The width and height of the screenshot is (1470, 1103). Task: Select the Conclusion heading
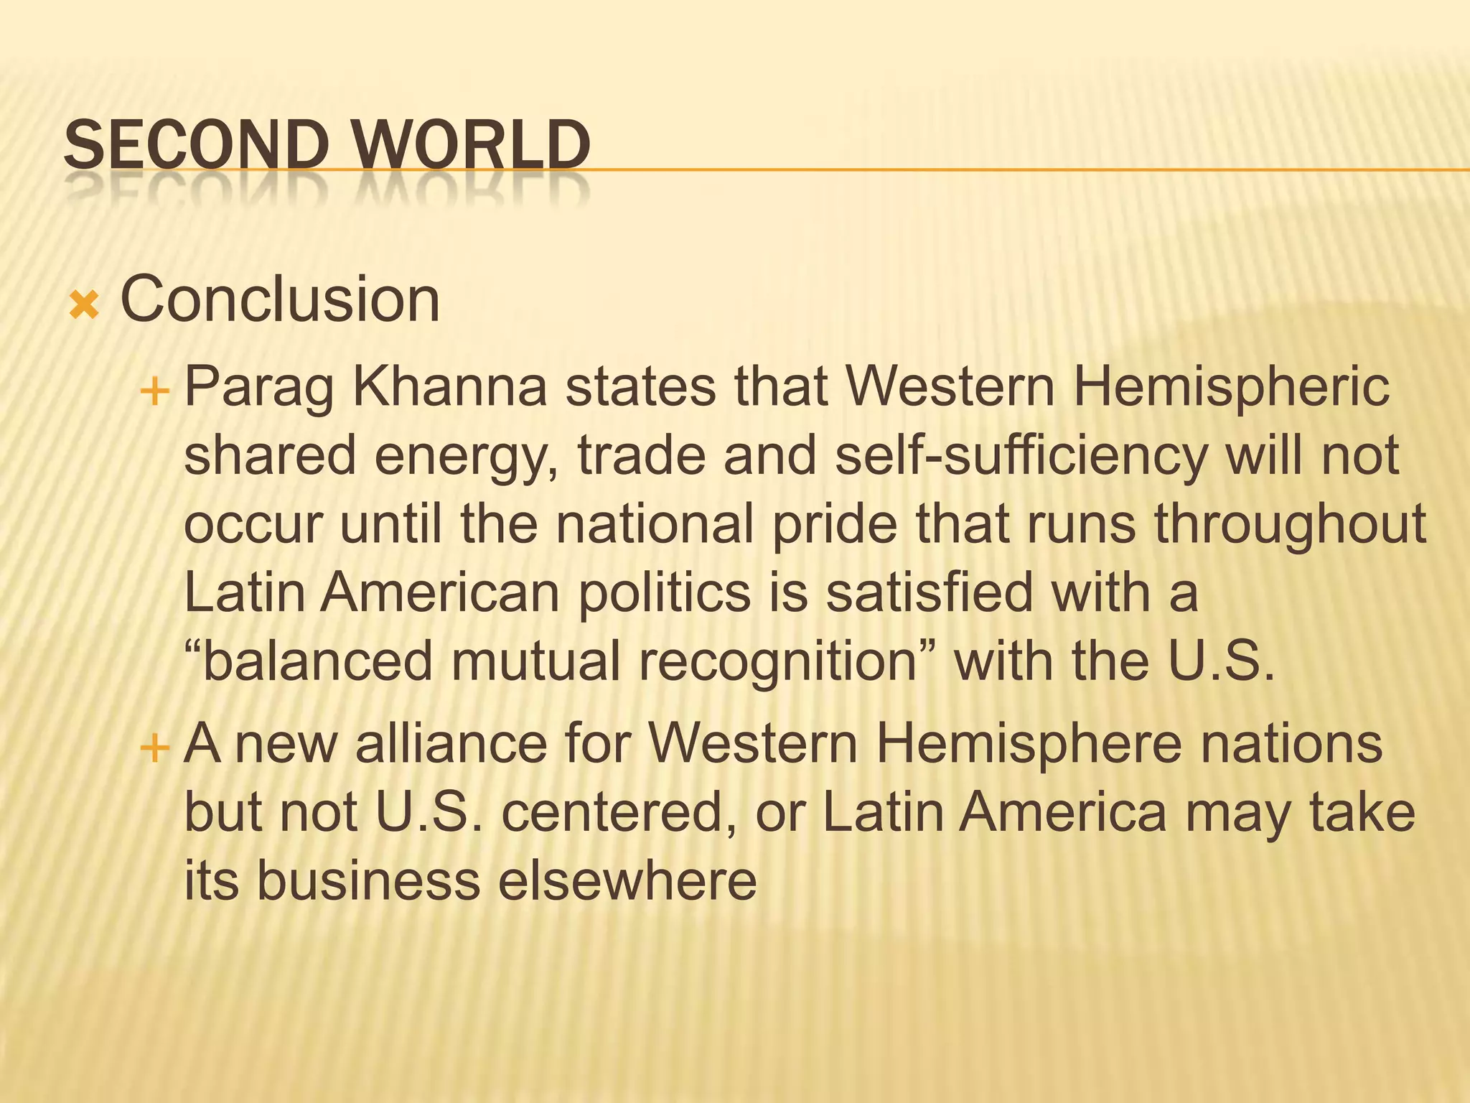point(279,299)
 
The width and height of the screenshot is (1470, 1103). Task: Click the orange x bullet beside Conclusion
point(84,306)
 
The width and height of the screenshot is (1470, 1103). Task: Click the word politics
point(665,594)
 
